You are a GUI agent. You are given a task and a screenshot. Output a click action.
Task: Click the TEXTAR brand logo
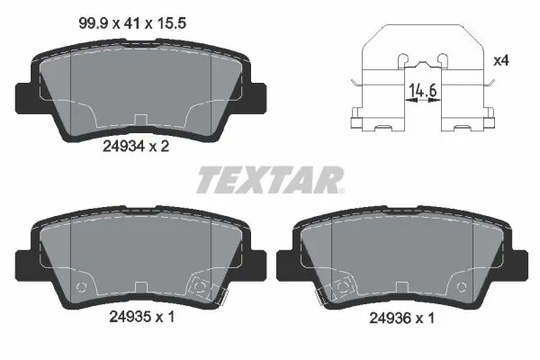tap(269, 180)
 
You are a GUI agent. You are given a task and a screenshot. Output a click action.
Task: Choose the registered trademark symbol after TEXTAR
tap(341, 189)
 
